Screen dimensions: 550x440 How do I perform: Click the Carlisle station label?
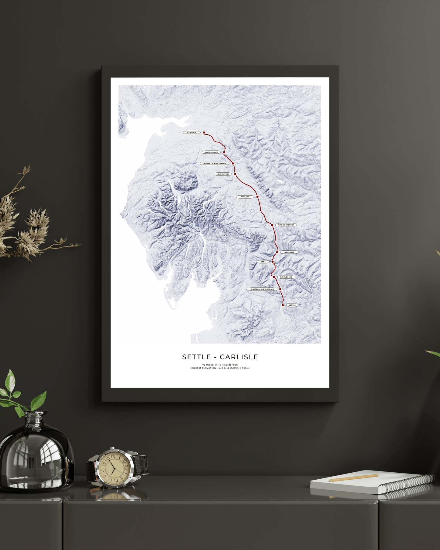[192, 132]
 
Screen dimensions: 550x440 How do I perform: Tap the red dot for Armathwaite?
[224, 152]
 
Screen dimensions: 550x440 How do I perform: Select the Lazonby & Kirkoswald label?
[215, 164]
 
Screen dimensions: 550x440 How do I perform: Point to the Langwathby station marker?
[235, 174]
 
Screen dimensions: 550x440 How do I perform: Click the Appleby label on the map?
[245, 197]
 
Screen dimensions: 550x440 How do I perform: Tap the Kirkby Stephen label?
[286, 225]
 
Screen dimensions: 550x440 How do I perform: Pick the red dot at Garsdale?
[277, 252]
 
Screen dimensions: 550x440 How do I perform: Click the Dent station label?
[263, 262]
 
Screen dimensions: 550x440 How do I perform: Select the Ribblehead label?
[286, 277]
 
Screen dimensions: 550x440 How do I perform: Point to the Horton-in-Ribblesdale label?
[262, 289]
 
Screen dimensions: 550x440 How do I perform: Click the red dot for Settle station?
[283, 305]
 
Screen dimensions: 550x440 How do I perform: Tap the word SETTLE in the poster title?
[196, 357]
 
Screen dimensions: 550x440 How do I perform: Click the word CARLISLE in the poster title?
[239, 357]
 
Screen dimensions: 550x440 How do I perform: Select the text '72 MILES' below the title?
[208, 365]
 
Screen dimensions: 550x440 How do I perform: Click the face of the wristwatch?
[114, 467]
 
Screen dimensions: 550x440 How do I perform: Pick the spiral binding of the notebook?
[408, 485]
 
